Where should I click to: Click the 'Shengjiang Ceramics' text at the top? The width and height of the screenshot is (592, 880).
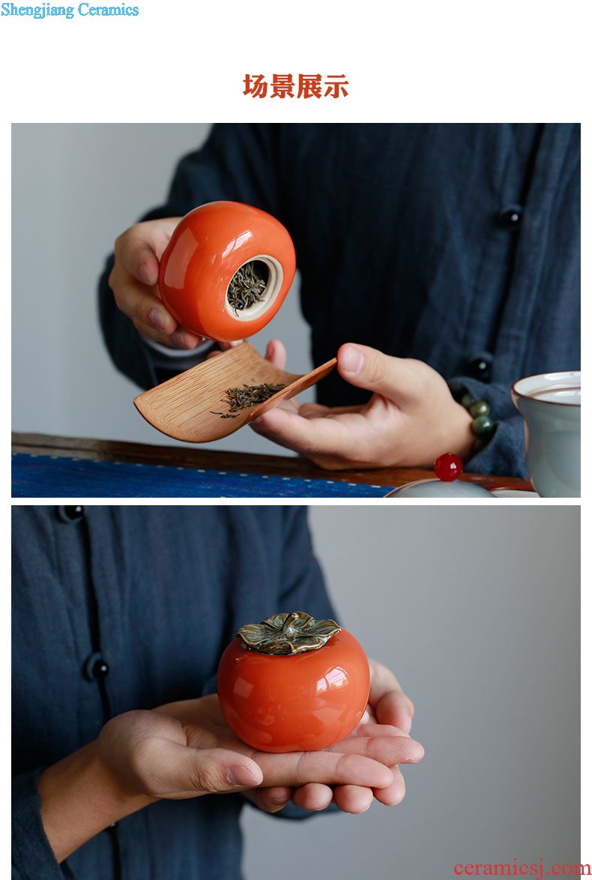[x=70, y=10]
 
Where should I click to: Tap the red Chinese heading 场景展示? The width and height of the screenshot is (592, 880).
[x=296, y=86]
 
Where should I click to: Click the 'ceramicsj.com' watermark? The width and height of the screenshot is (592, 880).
[x=522, y=868]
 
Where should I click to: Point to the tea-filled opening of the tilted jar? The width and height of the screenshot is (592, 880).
[x=253, y=287]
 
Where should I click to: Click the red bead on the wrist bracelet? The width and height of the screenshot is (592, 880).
[x=448, y=467]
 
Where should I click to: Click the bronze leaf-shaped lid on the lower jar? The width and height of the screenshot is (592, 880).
[x=288, y=633]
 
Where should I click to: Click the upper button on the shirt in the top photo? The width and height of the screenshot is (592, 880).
[x=510, y=217]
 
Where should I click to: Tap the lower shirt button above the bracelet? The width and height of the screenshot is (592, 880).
[x=480, y=367]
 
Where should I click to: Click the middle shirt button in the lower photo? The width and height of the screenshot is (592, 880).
[x=97, y=667]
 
